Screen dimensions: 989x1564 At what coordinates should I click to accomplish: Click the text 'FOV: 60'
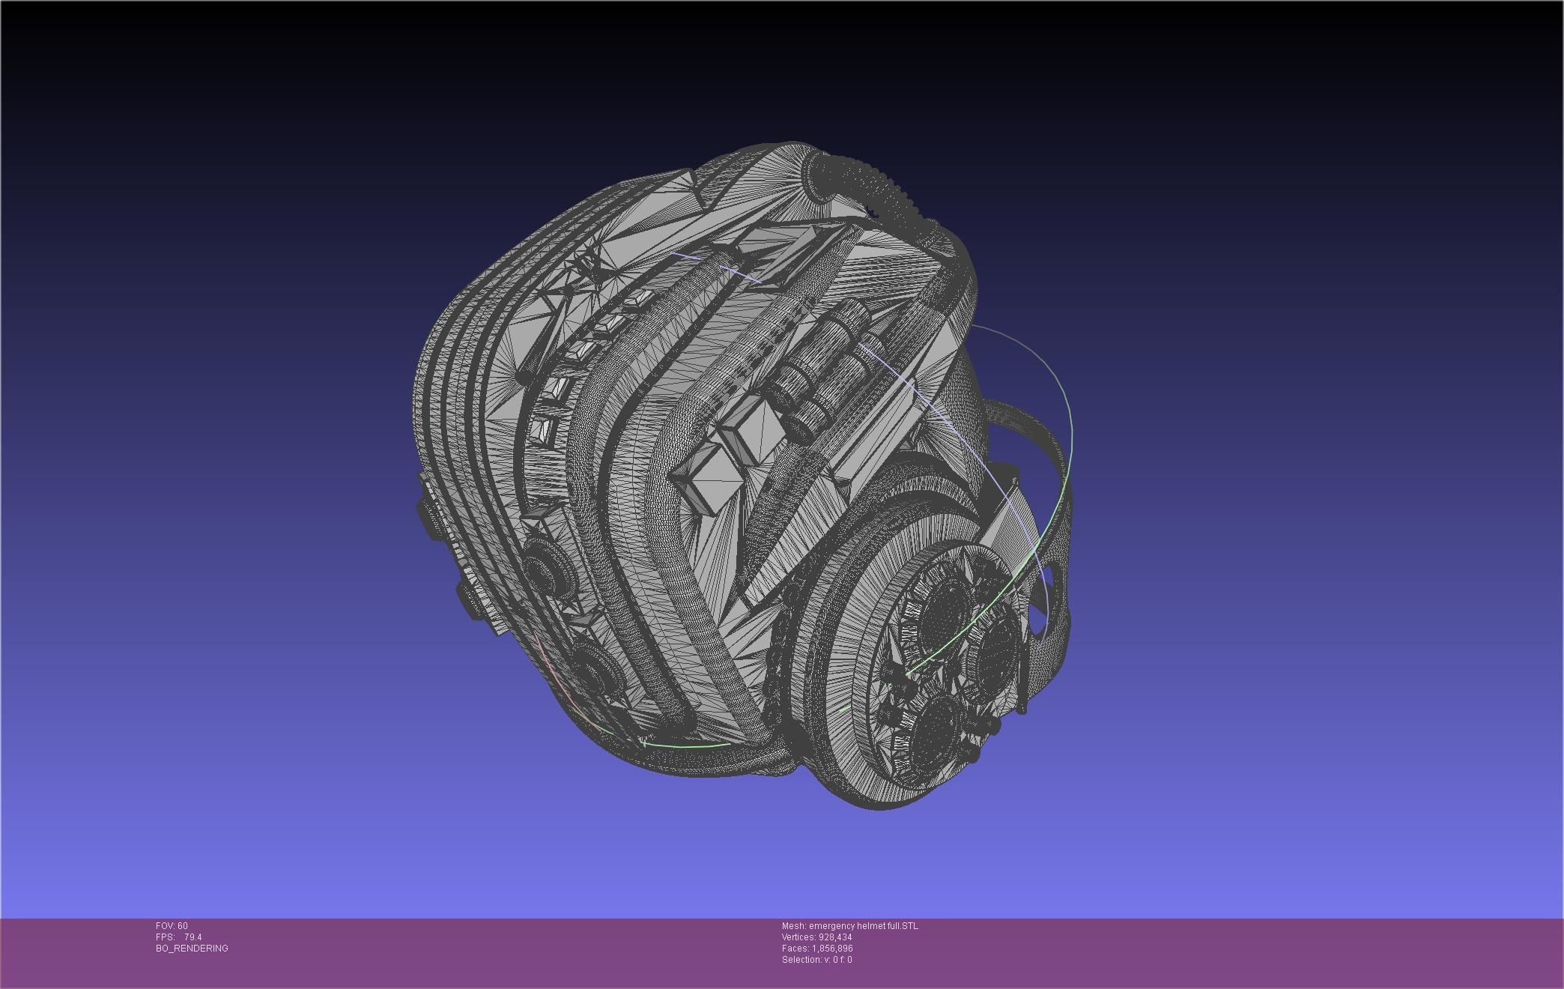coord(172,926)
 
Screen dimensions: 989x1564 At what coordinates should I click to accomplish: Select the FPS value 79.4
coord(193,937)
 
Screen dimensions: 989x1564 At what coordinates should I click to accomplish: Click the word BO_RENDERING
coord(192,949)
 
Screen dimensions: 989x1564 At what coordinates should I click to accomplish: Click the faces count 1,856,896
coord(832,949)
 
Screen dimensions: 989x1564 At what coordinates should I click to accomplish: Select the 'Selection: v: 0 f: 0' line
coord(816,960)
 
